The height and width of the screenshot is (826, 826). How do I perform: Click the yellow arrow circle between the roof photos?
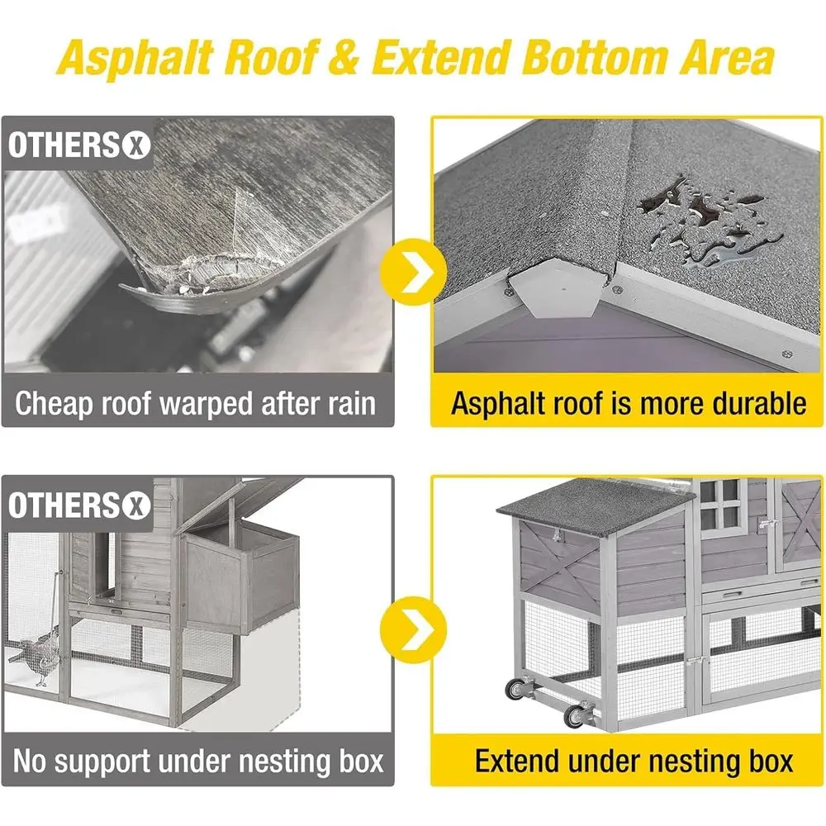click(x=413, y=272)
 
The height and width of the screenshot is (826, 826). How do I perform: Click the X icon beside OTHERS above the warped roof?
click(x=136, y=146)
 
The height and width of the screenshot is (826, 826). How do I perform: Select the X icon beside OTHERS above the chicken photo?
click(x=136, y=506)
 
